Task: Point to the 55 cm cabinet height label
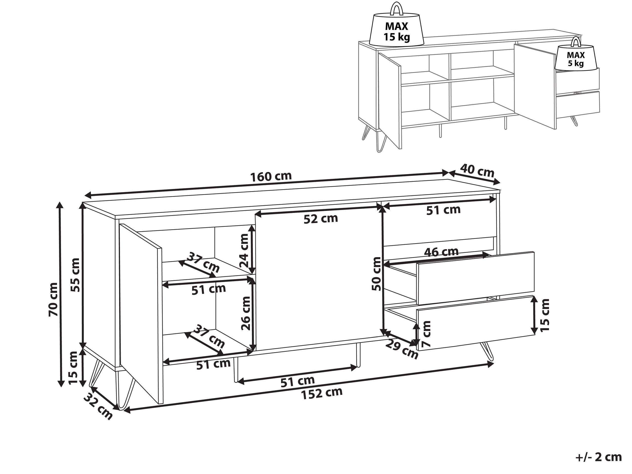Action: (x=75, y=275)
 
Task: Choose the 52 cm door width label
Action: (x=321, y=219)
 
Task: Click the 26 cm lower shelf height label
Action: (x=245, y=313)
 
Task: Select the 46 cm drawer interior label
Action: (x=441, y=252)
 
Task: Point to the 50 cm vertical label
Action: (x=377, y=274)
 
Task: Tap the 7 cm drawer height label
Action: (x=426, y=334)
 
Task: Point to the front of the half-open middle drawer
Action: (x=475, y=278)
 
